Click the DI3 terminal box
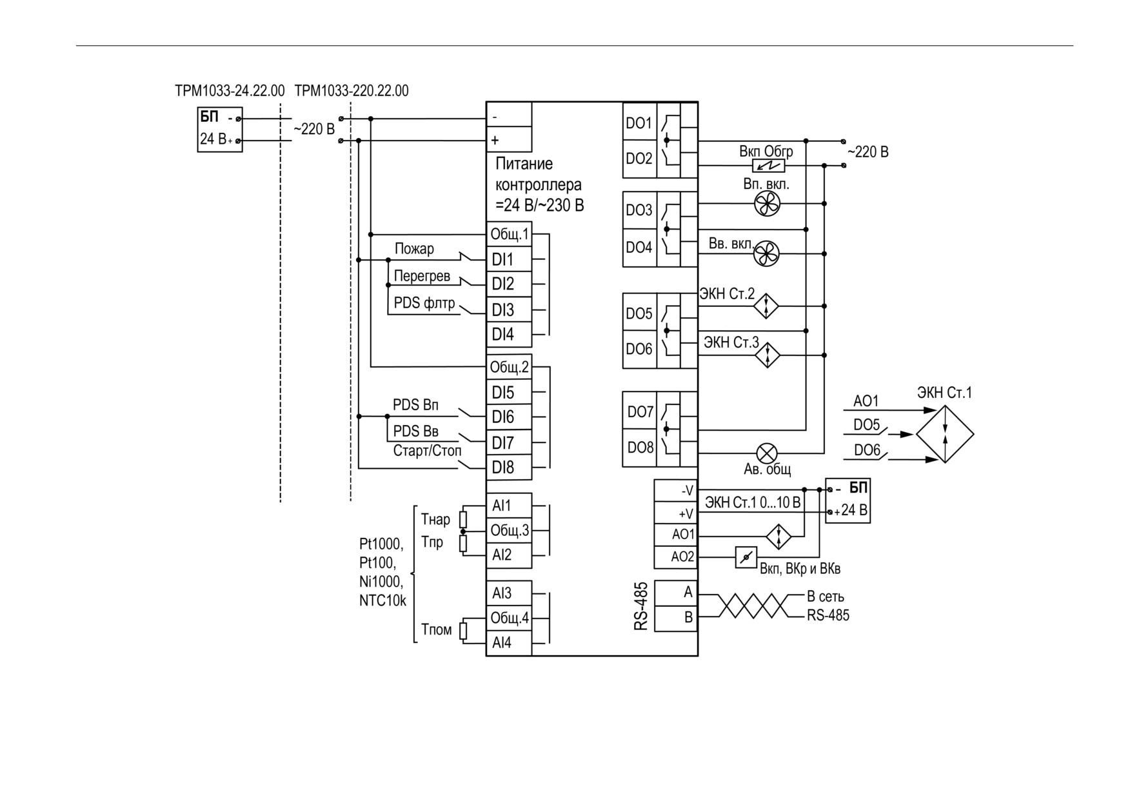click(509, 310)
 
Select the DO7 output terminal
click(640, 411)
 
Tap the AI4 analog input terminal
click(509, 643)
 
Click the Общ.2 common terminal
click(509, 367)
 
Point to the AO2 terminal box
click(676, 556)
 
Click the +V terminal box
click(676, 513)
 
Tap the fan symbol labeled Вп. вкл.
click(767, 204)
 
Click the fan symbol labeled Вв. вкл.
click(767, 253)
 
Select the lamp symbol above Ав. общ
click(767, 453)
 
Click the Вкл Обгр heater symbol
click(769, 166)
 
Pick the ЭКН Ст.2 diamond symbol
click(767, 306)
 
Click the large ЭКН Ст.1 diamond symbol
click(945, 434)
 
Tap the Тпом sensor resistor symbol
click(463, 630)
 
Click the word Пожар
click(414, 248)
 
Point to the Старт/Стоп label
click(428, 450)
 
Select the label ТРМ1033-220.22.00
click(352, 90)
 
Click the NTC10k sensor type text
click(382, 601)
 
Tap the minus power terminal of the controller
click(509, 117)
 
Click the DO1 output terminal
click(639, 123)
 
